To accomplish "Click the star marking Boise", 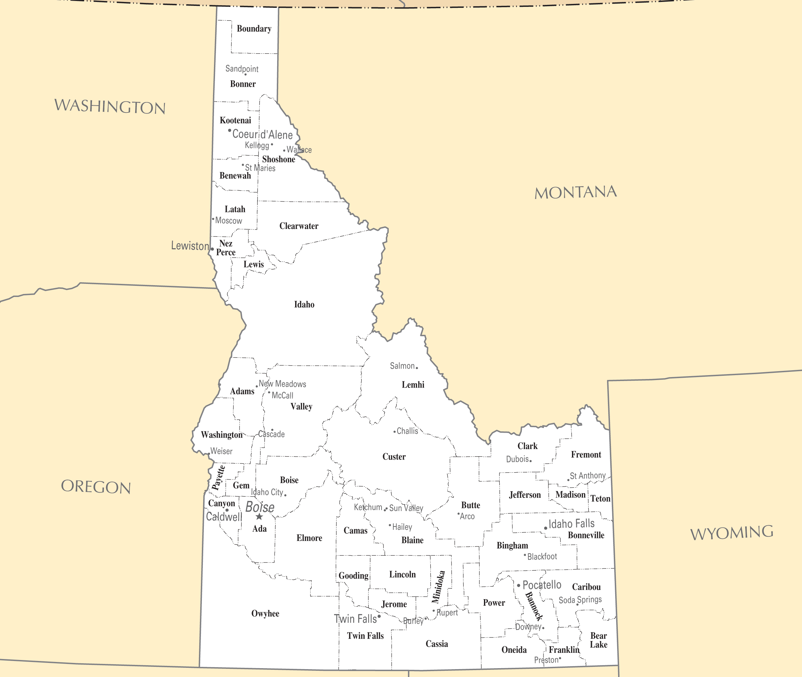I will pyautogui.click(x=259, y=516).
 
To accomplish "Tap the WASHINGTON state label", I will pyautogui.click(x=110, y=106).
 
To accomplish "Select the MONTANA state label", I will pyautogui.click(x=576, y=192).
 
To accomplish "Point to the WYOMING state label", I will pyautogui.click(x=731, y=533).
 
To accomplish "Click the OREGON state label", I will pyautogui.click(x=96, y=487).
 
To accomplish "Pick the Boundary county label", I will pyautogui.click(x=254, y=29).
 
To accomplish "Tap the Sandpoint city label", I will pyautogui.click(x=242, y=69).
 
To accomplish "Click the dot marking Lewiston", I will pyautogui.click(x=212, y=249).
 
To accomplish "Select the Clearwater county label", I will pyautogui.click(x=299, y=226).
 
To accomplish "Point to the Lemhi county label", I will pyautogui.click(x=413, y=385).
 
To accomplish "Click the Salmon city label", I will pyautogui.click(x=402, y=366).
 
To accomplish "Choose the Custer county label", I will pyautogui.click(x=394, y=457).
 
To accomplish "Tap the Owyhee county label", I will pyautogui.click(x=265, y=613).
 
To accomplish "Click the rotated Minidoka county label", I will pyautogui.click(x=438, y=587).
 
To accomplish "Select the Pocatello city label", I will pyautogui.click(x=542, y=585).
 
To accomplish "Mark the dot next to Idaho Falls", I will pyautogui.click(x=545, y=528).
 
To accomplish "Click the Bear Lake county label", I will pyautogui.click(x=598, y=640).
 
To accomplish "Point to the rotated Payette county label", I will pyautogui.click(x=219, y=478).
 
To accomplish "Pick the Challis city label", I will pyautogui.click(x=407, y=431).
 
